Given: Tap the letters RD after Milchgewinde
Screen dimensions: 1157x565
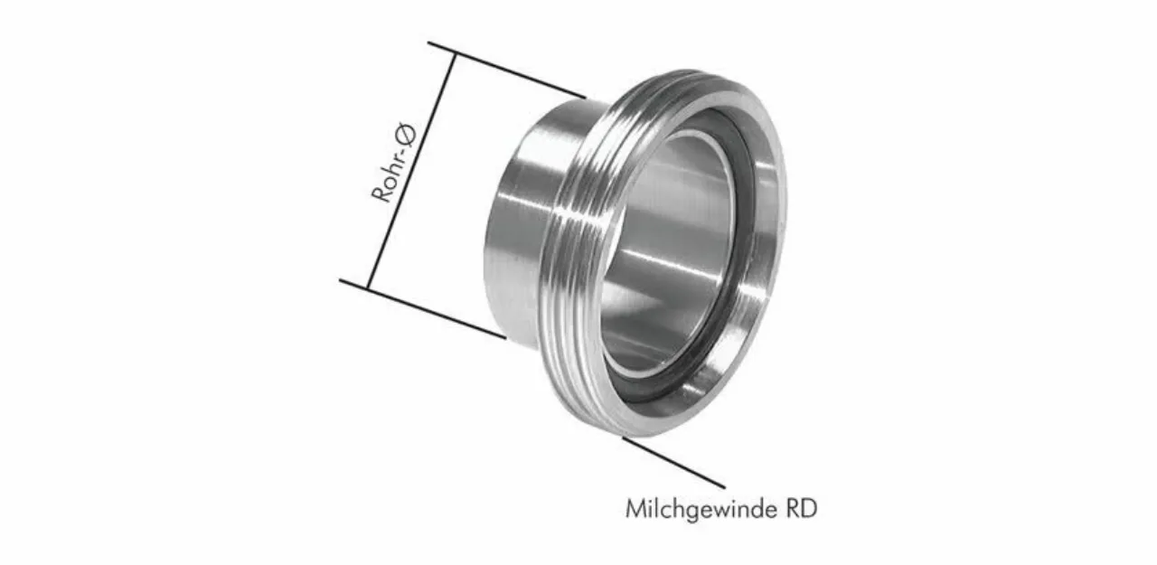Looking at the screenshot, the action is click(x=802, y=509).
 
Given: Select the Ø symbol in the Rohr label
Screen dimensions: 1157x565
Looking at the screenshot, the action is click(x=408, y=135).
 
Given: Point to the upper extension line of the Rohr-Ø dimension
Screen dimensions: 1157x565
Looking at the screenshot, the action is click(x=507, y=70).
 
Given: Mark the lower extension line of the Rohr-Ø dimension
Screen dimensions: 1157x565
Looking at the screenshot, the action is click(x=422, y=309).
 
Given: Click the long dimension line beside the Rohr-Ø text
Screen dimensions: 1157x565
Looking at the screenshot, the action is click(x=411, y=171).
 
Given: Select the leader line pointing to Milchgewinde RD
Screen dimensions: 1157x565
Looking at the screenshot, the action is click(x=673, y=462).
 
